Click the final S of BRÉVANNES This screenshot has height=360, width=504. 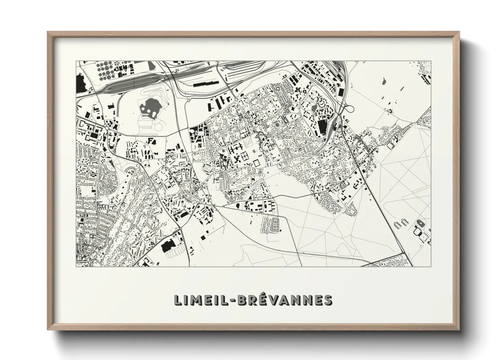(x=327, y=300)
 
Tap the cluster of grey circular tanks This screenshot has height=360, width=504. (x=107, y=70)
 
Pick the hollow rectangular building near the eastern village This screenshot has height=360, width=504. (x=390, y=145)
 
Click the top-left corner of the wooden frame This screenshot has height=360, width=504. (x=48, y=32)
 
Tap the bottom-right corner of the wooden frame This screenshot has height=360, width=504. (x=459, y=329)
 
